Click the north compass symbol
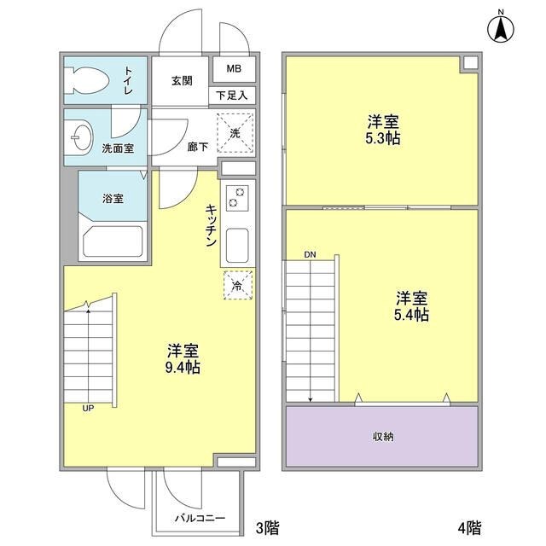coord(501,28)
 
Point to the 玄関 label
coord(181,81)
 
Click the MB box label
coord(234,69)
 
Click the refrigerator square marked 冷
coord(237,286)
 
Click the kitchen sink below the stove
coord(236,247)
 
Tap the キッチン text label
coord(209,225)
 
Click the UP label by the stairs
coord(88,408)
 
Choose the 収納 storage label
coord(382,436)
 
